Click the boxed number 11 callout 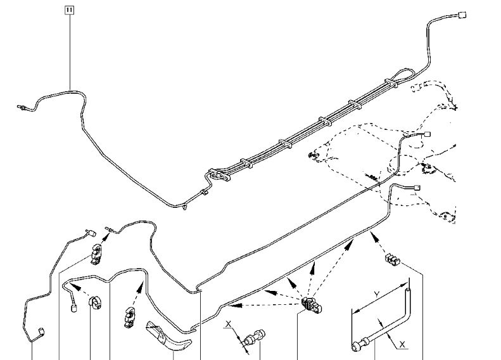tap(69, 10)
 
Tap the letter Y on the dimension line tap(376, 293)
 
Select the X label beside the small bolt tap(229, 325)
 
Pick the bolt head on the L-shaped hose tap(356, 345)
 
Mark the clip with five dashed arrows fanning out tap(310, 304)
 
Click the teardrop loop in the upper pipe tap(393, 79)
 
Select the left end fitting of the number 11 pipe tap(21, 108)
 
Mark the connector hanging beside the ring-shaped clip tap(75, 309)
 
